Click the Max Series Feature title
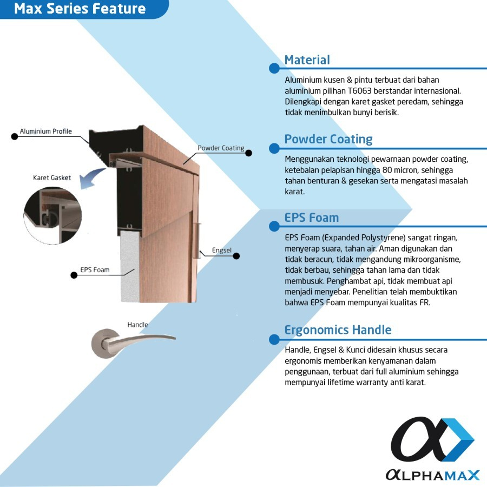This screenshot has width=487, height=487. [x=80, y=9]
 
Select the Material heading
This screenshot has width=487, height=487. [x=307, y=60]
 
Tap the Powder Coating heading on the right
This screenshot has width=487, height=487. [x=328, y=139]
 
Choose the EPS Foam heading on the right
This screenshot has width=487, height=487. [x=311, y=218]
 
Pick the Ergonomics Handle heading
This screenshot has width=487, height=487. [x=338, y=330]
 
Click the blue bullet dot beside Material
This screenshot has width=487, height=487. [x=274, y=68]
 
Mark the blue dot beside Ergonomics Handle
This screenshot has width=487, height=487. [x=274, y=339]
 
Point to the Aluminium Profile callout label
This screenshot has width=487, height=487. [x=45, y=131]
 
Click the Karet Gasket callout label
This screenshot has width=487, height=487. [x=52, y=178]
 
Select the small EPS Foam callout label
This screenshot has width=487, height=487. [x=95, y=269]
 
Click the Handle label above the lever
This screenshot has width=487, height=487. [x=137, y=325]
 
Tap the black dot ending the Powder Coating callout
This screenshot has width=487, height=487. [x=249, y=153]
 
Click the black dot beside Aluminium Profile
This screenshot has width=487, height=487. [x=15, y=136]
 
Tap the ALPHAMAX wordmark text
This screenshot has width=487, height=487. [x=432, y=475]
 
